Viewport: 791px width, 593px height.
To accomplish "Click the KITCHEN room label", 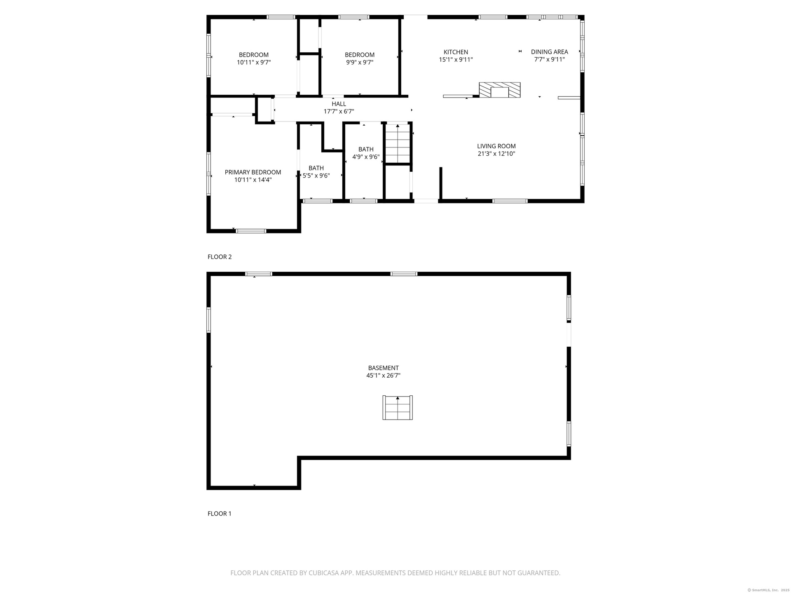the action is [456, 52].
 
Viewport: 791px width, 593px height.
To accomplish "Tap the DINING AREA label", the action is [549, 52].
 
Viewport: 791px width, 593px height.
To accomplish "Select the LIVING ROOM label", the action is [496, 146].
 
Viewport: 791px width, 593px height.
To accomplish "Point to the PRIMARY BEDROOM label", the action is [253, 172].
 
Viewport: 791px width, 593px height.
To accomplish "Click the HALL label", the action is [339, 104].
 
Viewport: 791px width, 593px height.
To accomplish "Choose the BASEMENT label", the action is [384, 368].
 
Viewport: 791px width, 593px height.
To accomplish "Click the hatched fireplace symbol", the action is [500, 90].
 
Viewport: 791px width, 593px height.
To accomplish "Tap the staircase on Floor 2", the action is [398, 143].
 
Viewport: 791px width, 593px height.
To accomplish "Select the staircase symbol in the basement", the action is [398, 408].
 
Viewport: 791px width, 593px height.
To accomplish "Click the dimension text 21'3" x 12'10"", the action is [496, 154].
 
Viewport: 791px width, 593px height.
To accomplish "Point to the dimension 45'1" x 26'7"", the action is [384, 376].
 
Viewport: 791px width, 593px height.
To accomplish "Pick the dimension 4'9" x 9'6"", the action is [366, 157].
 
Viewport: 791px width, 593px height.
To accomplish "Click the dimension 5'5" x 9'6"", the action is [316, 176].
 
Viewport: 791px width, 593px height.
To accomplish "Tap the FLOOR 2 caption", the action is [220, 257].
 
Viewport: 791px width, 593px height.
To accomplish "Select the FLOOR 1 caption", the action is [220, 514].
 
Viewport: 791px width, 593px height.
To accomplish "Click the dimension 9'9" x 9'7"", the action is [360, 63].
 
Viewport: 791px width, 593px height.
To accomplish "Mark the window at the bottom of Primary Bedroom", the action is [251, 231].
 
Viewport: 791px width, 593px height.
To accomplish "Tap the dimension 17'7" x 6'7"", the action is [339, 112].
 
